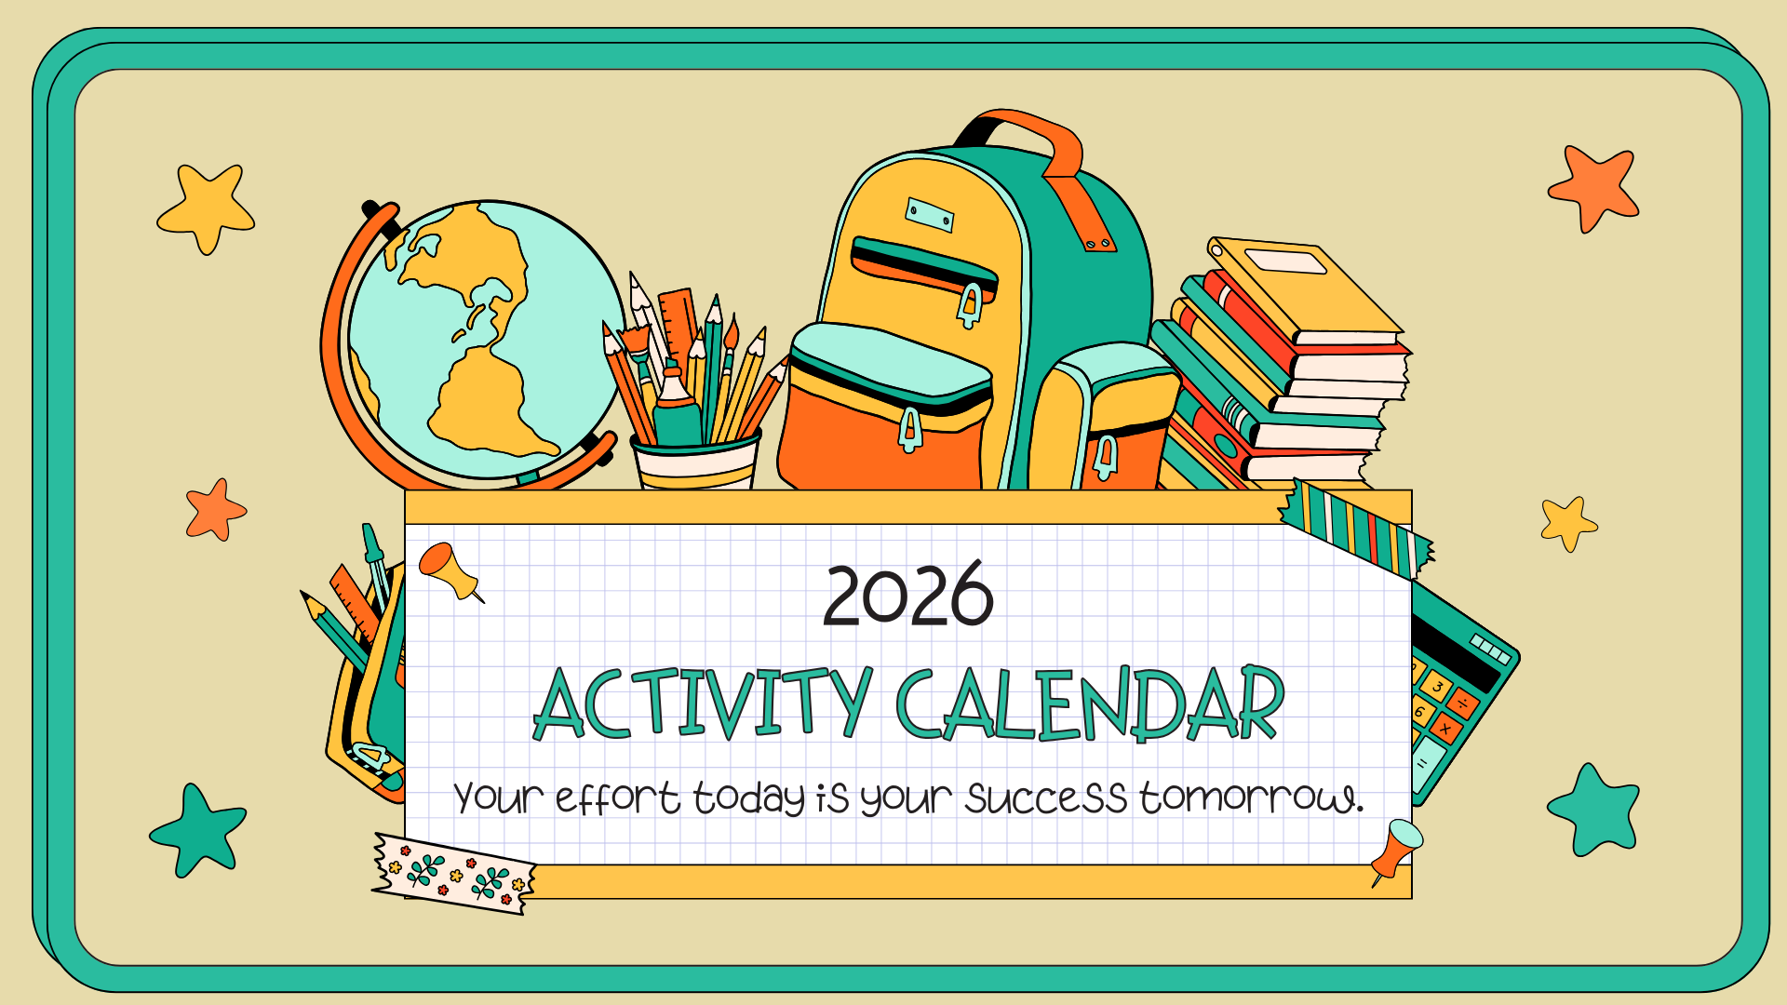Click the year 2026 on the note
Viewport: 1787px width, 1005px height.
[908, 596]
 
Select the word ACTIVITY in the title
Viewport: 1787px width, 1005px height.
[703, 704]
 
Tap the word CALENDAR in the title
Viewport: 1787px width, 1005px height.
[1090, 704]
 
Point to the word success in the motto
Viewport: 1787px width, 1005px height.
[1045, 797]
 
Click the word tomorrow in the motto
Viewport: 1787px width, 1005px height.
[1251, 797]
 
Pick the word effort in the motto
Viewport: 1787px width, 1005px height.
[617, 798]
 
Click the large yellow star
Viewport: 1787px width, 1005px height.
[206, 207]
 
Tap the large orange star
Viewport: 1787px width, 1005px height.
[1594, 187]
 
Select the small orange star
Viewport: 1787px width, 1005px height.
[215, 510]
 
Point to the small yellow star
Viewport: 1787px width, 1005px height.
[1568, 523]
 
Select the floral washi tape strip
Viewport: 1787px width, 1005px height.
[454, 873]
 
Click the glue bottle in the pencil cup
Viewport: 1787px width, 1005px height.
[676, 409]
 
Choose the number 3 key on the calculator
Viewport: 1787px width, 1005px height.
[1438, 687]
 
